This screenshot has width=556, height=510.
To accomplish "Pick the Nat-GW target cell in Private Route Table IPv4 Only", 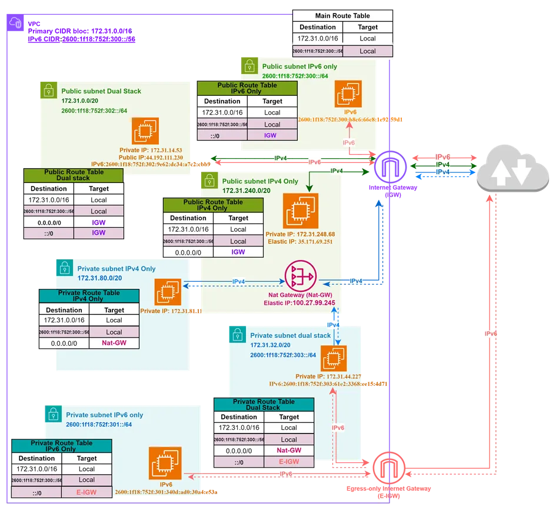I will [x=114, y=343].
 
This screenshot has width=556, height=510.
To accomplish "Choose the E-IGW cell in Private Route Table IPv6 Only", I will [x=86, y=492].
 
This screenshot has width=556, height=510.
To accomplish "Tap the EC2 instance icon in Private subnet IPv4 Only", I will [x=168, y=292].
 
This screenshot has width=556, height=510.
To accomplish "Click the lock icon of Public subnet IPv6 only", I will [x=249, y=65].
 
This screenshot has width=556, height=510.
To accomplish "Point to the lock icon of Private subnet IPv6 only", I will [x=52, y=414].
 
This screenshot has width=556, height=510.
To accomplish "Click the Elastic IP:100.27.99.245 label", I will [x=300, y=304].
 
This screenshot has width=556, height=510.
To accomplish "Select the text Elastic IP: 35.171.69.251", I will [x=300, y=241].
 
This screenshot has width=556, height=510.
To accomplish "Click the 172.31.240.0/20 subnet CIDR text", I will [x=246, y=191].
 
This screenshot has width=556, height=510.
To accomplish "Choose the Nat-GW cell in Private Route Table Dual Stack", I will [x=289, y=451].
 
